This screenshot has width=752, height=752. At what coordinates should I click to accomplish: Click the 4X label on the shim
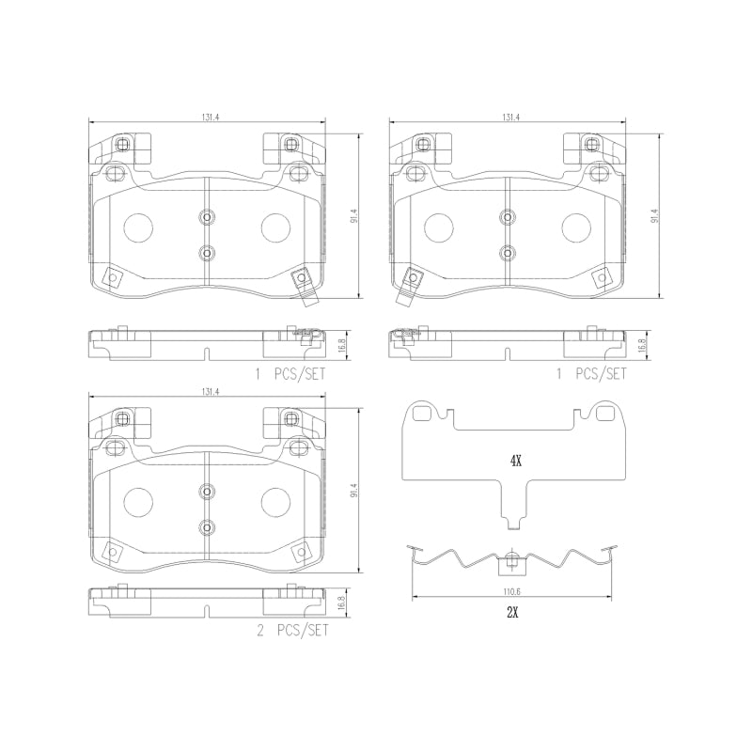pyautogui.click(x=514, y=461)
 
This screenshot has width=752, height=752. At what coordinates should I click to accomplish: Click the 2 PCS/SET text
pyautogui.click(x=293, y=632)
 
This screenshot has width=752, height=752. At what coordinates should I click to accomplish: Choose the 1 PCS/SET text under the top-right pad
pyautogui.click(x=593, y=373)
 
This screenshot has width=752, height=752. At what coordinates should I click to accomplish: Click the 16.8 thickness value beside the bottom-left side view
pyautogui.click(x=343, y=603)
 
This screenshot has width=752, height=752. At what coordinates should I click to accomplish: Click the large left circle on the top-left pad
pyautogui.click(x=139, y=227)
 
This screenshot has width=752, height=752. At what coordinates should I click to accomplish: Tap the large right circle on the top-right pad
pyautogui.click(x=575, y=227)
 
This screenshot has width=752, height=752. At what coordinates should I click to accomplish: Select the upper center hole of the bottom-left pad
pyautogui.click(x=207, y=491)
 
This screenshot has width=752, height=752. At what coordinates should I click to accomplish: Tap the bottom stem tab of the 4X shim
pyautogui.click(x=512, y=520)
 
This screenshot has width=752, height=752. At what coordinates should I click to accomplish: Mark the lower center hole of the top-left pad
pyautogui.click(x=207, y=252)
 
